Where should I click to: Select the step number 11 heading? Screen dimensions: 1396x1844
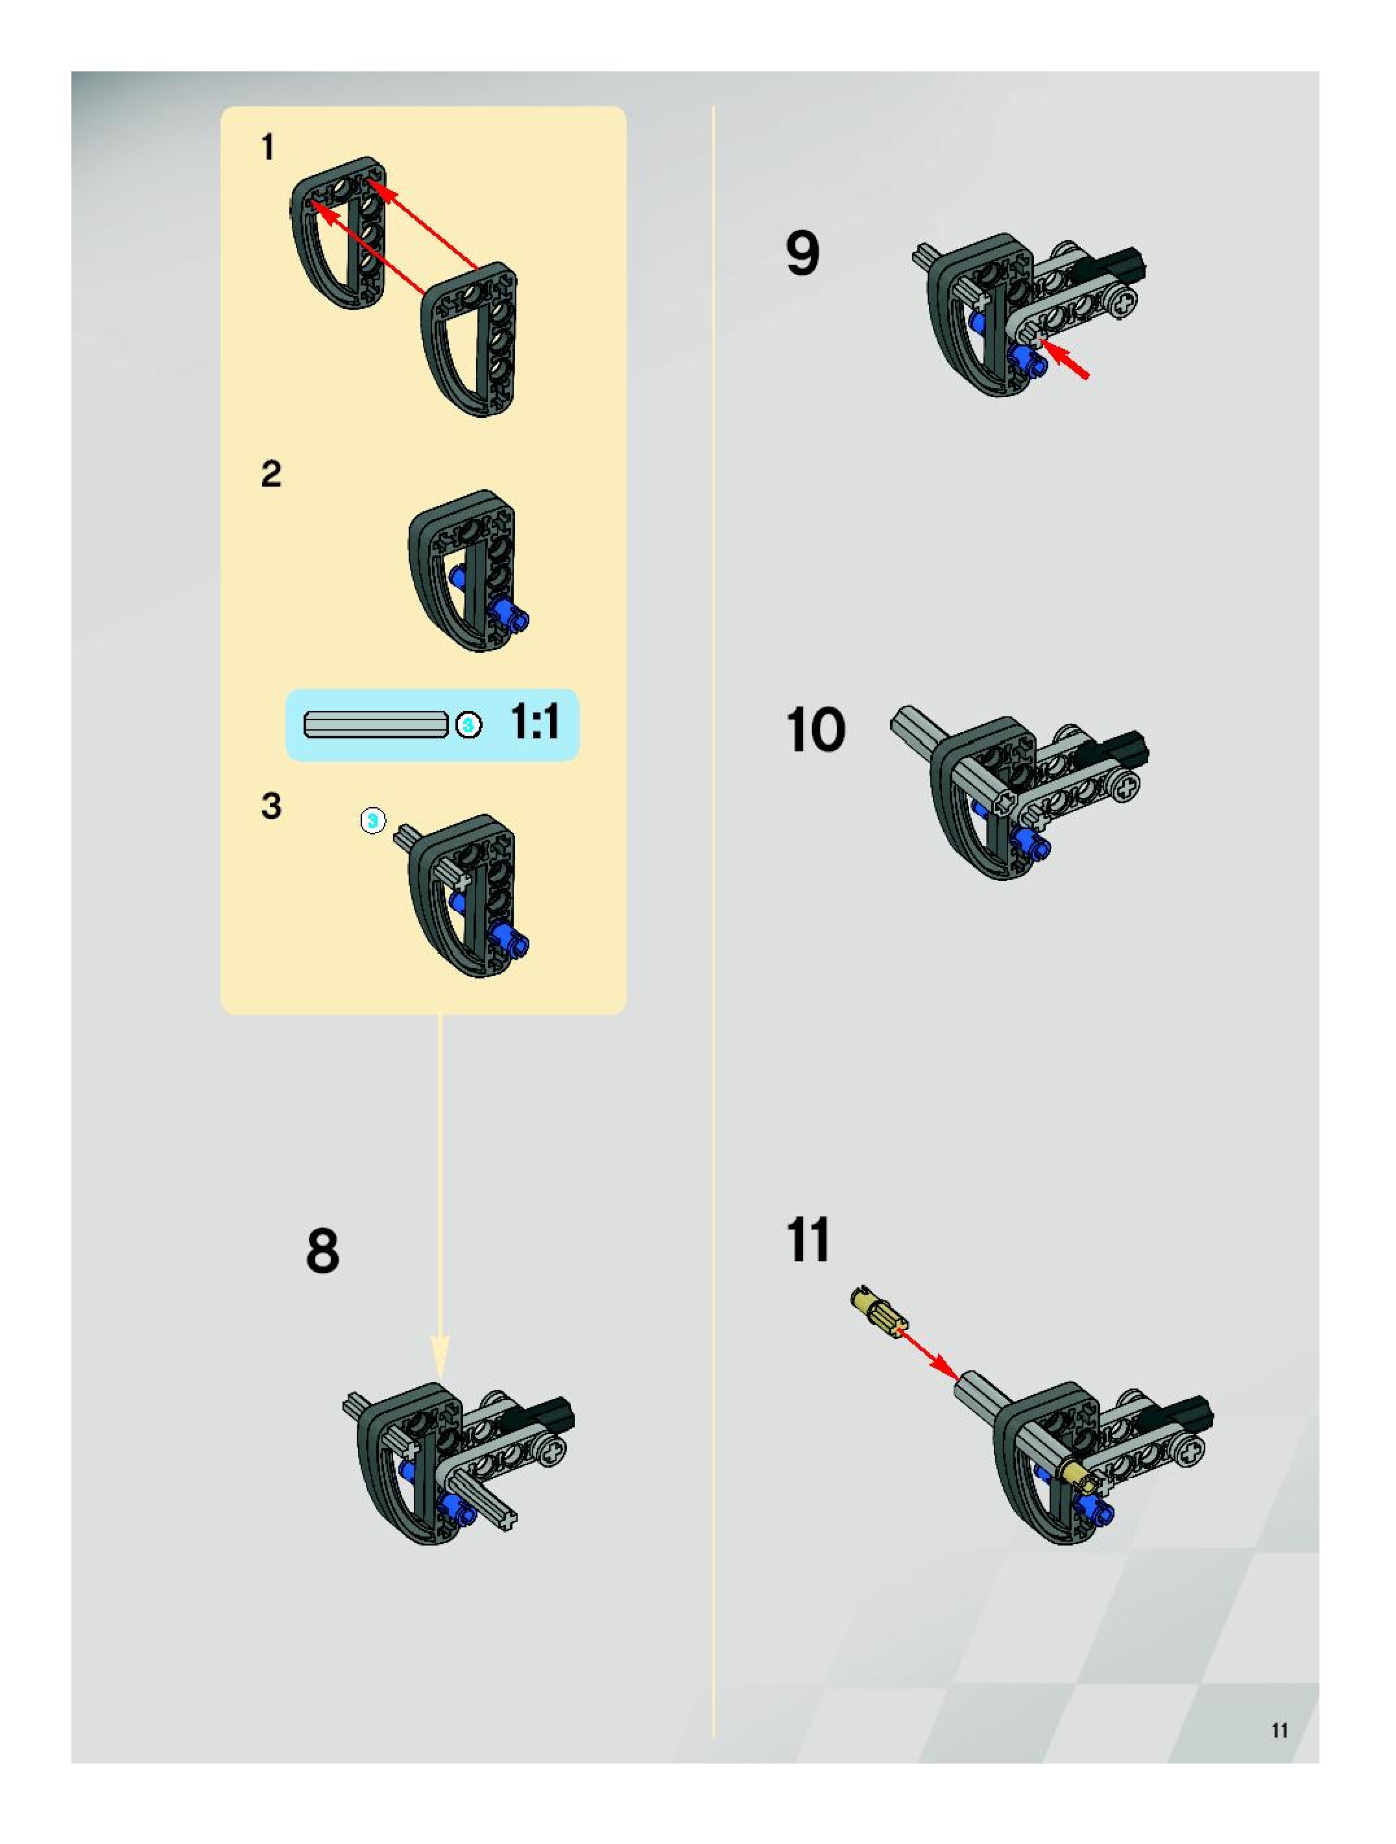point(808,1240)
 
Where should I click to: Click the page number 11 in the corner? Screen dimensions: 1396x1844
point(1279,1730)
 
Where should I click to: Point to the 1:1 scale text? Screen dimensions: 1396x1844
point(535,722)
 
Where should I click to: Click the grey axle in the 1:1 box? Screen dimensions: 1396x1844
point(374,724)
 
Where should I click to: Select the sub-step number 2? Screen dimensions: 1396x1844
point(271,474)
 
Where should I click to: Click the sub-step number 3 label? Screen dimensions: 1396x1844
point(271,806)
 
